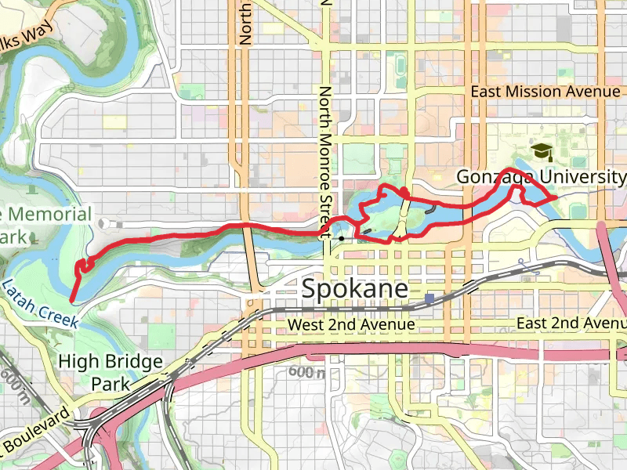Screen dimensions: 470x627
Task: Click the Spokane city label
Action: tap(355, 290)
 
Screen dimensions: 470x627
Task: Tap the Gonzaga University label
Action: tap(542, 178)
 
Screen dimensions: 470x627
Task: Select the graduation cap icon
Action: tap(541, 151)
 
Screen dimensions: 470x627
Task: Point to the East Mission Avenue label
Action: tap(545, 92)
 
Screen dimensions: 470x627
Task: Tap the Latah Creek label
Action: tap(39, 303)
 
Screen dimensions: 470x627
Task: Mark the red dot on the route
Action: tap(404, 192)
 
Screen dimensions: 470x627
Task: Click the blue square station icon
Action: tap(430, 298)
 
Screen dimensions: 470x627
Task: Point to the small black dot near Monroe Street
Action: tap(341, 237)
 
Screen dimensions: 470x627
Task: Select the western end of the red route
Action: tap(72, 299)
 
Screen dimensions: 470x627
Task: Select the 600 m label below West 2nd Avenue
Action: tap(306, 373)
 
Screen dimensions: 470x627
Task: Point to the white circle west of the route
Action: tap(104, 223)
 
